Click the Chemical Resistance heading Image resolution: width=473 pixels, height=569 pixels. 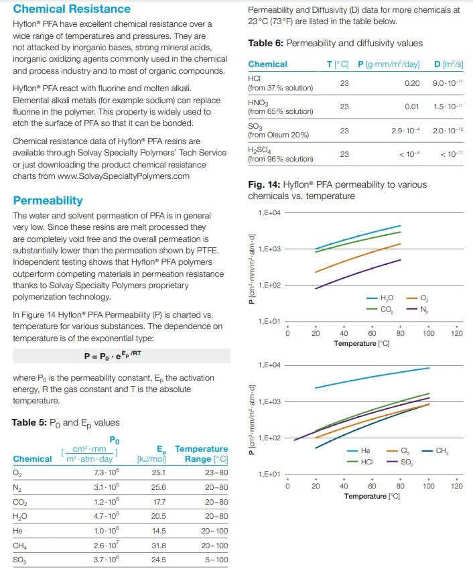pyautogui.click(x=72, y=9)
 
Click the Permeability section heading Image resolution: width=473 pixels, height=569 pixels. pyautogui.click(x=48, y=200)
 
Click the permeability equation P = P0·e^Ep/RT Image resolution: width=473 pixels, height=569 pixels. pyautogui.click(x=113, y=356)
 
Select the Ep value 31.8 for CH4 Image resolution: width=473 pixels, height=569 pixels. pyautogui.click(x=159, y=546)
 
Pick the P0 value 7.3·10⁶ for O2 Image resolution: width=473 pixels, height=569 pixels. pyautogui.click(x=107, y=472)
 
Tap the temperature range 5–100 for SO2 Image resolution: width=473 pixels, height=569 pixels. pyautogui.click(x=216, y=560)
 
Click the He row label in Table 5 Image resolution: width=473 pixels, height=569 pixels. pyautogui.click(x=18, y=531)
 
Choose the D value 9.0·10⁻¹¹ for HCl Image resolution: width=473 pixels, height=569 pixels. pyautogui.click(x=448, y=83)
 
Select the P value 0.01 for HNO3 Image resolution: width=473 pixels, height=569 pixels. pyautogui.click(x=412, y=107)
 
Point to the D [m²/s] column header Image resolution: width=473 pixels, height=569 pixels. pyautogui.click(x=449, y=64)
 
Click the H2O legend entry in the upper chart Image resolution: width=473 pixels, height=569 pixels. pyautogui.click(x=380, y=298)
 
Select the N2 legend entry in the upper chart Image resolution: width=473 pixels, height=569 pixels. pyautogui.click(x=417, y=310)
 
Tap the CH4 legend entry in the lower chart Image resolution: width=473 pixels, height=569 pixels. pyautogui.click(x=435, y=451)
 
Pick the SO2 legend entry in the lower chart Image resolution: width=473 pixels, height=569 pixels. pyautogui.click(x=400, y=462)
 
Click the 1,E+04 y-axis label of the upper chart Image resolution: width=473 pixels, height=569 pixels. pyautogui.click(x=269, y=212)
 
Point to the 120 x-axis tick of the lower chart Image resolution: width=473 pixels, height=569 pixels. pyautogui.click(x=457, y=486)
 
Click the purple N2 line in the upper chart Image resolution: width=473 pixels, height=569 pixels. pyautogui.click(x=358, y=273)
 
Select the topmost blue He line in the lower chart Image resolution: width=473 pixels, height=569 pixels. pyautogui.click(x=372, y=377)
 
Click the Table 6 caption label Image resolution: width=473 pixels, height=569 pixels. pyautogui.click(x=265, y=43)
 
